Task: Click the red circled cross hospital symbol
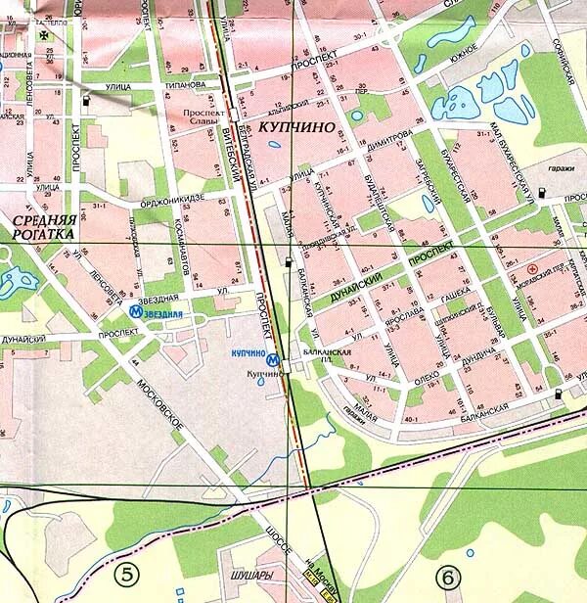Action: (x=532, y=267)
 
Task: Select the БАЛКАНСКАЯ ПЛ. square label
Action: (x=321, y=348)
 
